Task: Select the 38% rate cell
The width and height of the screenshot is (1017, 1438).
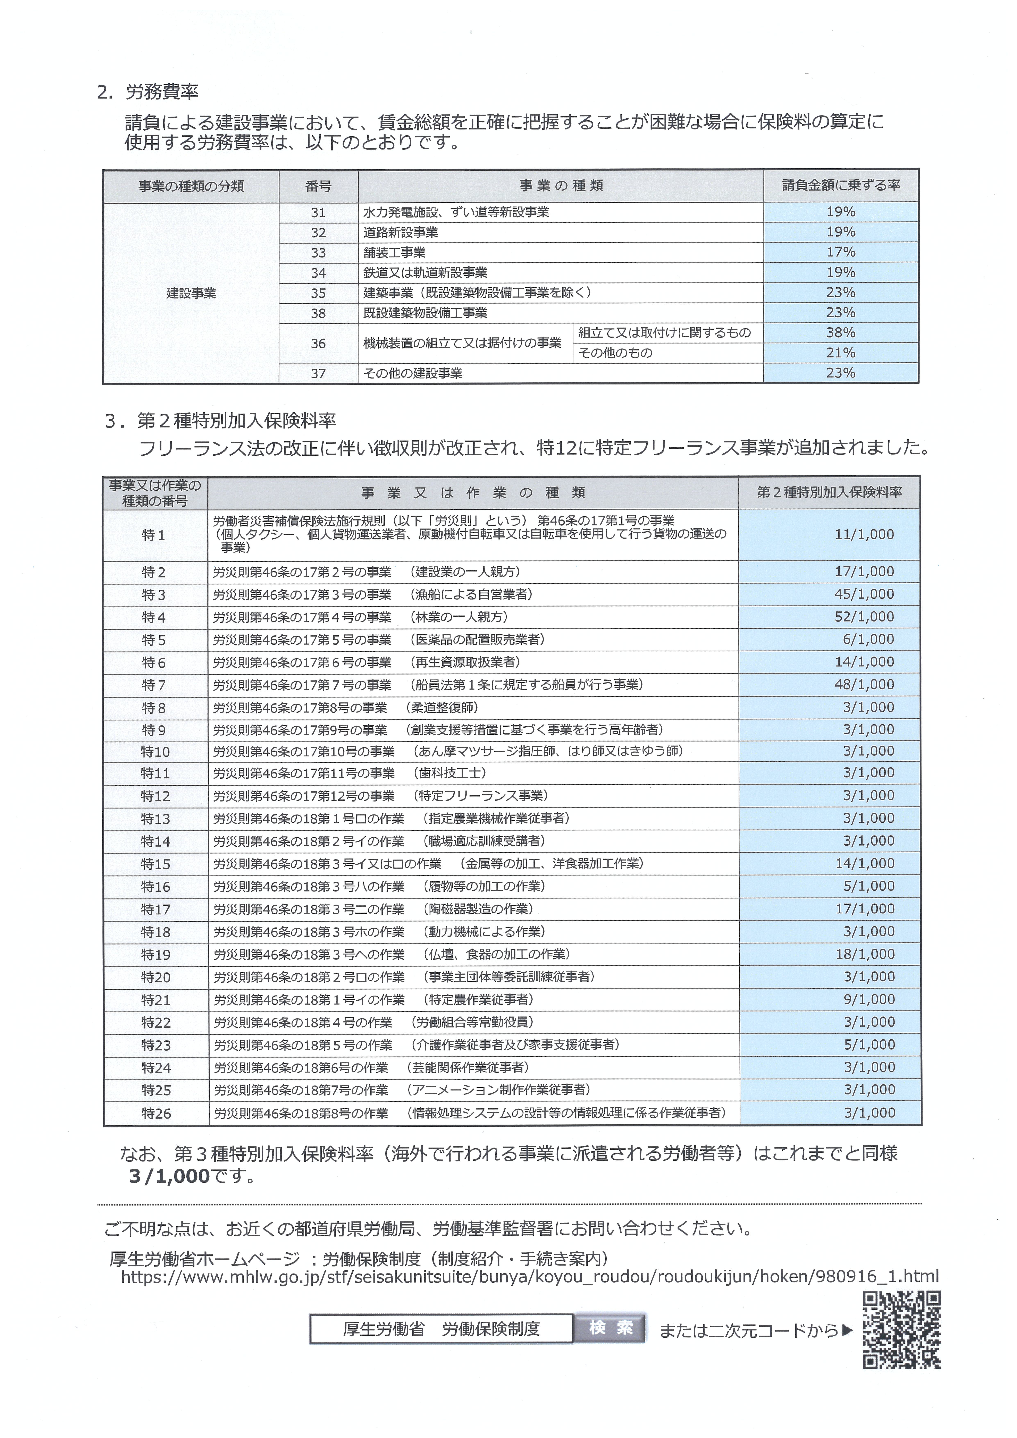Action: [x=840, y=333]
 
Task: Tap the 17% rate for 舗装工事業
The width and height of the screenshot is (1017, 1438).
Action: [x=840, y=252]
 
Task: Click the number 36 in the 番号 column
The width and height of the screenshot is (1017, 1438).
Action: [x=318, y=343]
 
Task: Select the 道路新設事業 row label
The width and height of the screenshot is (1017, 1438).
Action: [x=401, y=232]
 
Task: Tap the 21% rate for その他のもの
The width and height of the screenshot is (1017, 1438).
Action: [x=840, y=353]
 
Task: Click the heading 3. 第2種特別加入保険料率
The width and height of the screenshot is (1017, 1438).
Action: [x=220, y=421]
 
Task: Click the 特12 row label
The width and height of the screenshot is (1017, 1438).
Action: [x=155, y=796]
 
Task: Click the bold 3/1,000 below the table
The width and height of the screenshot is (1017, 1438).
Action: [x=169, y=1176]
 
